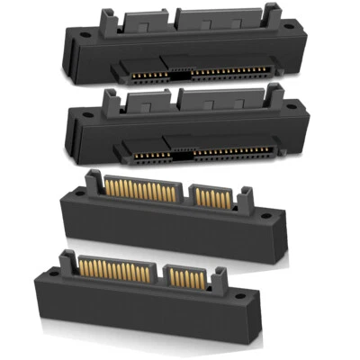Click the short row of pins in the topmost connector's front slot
tap(141, 69)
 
